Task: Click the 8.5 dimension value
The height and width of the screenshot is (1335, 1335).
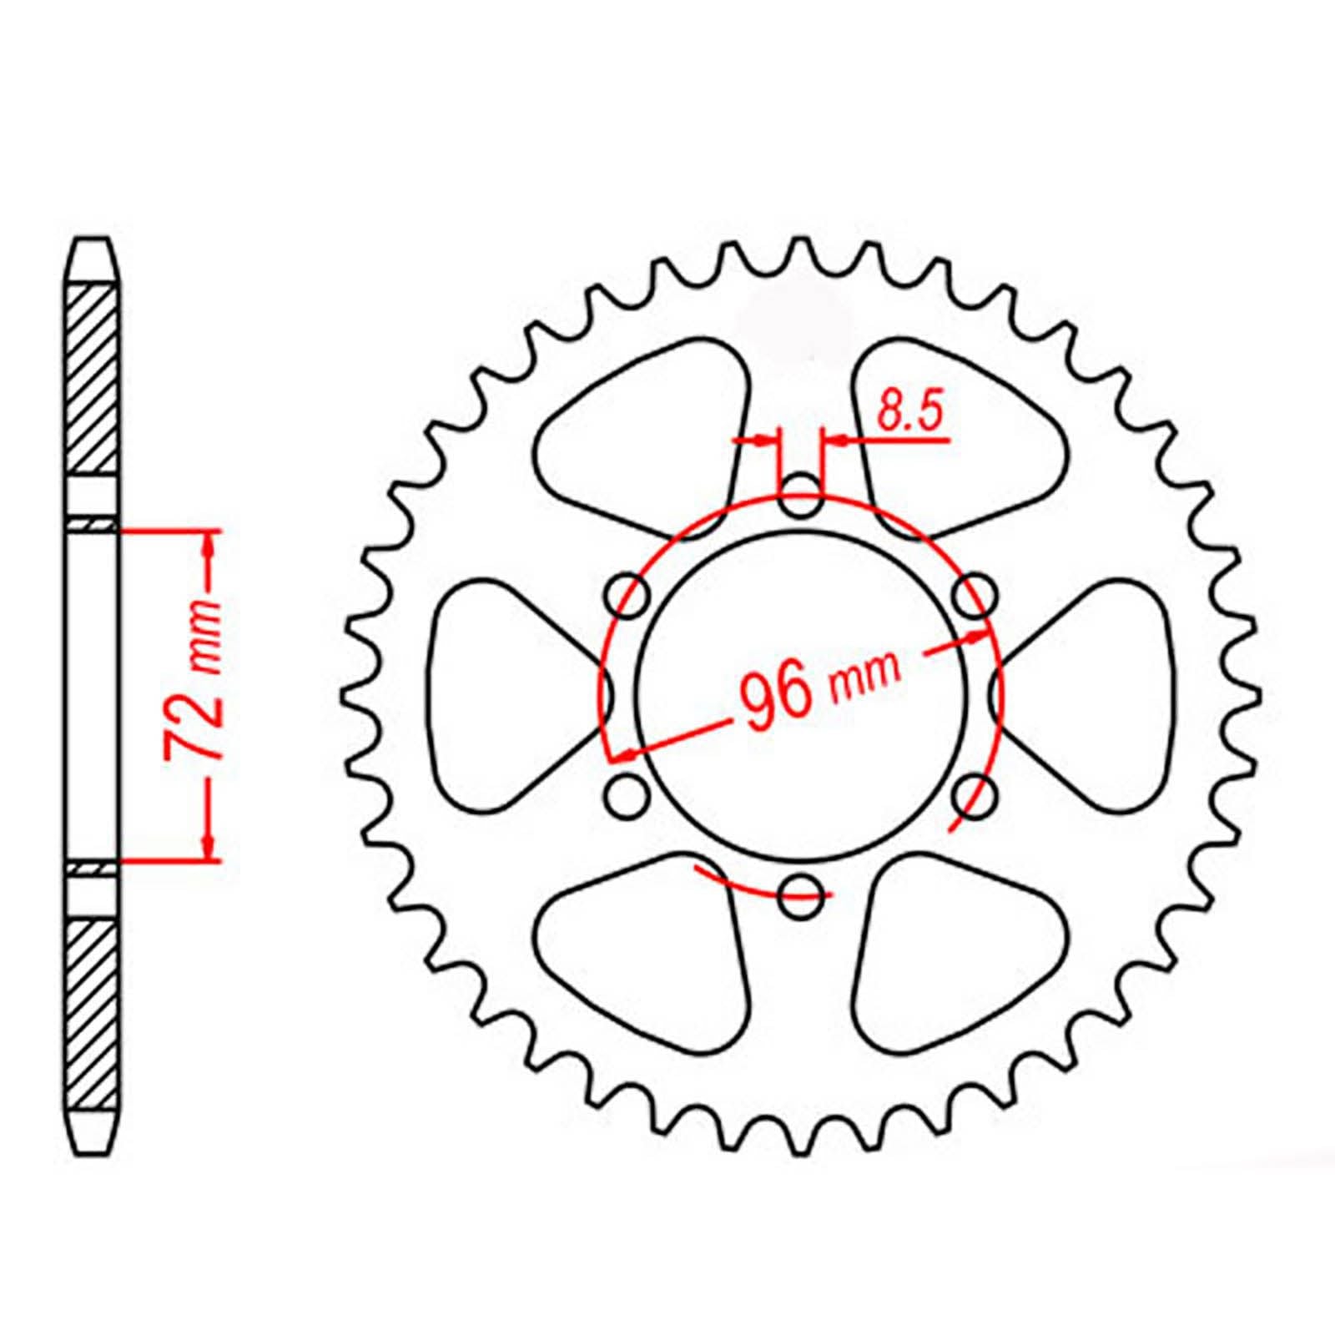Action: click(x=909, y=414)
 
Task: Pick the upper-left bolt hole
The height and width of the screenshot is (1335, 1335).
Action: click(x=629, y=594)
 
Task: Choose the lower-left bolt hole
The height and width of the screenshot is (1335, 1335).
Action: click(x=627, y=793)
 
